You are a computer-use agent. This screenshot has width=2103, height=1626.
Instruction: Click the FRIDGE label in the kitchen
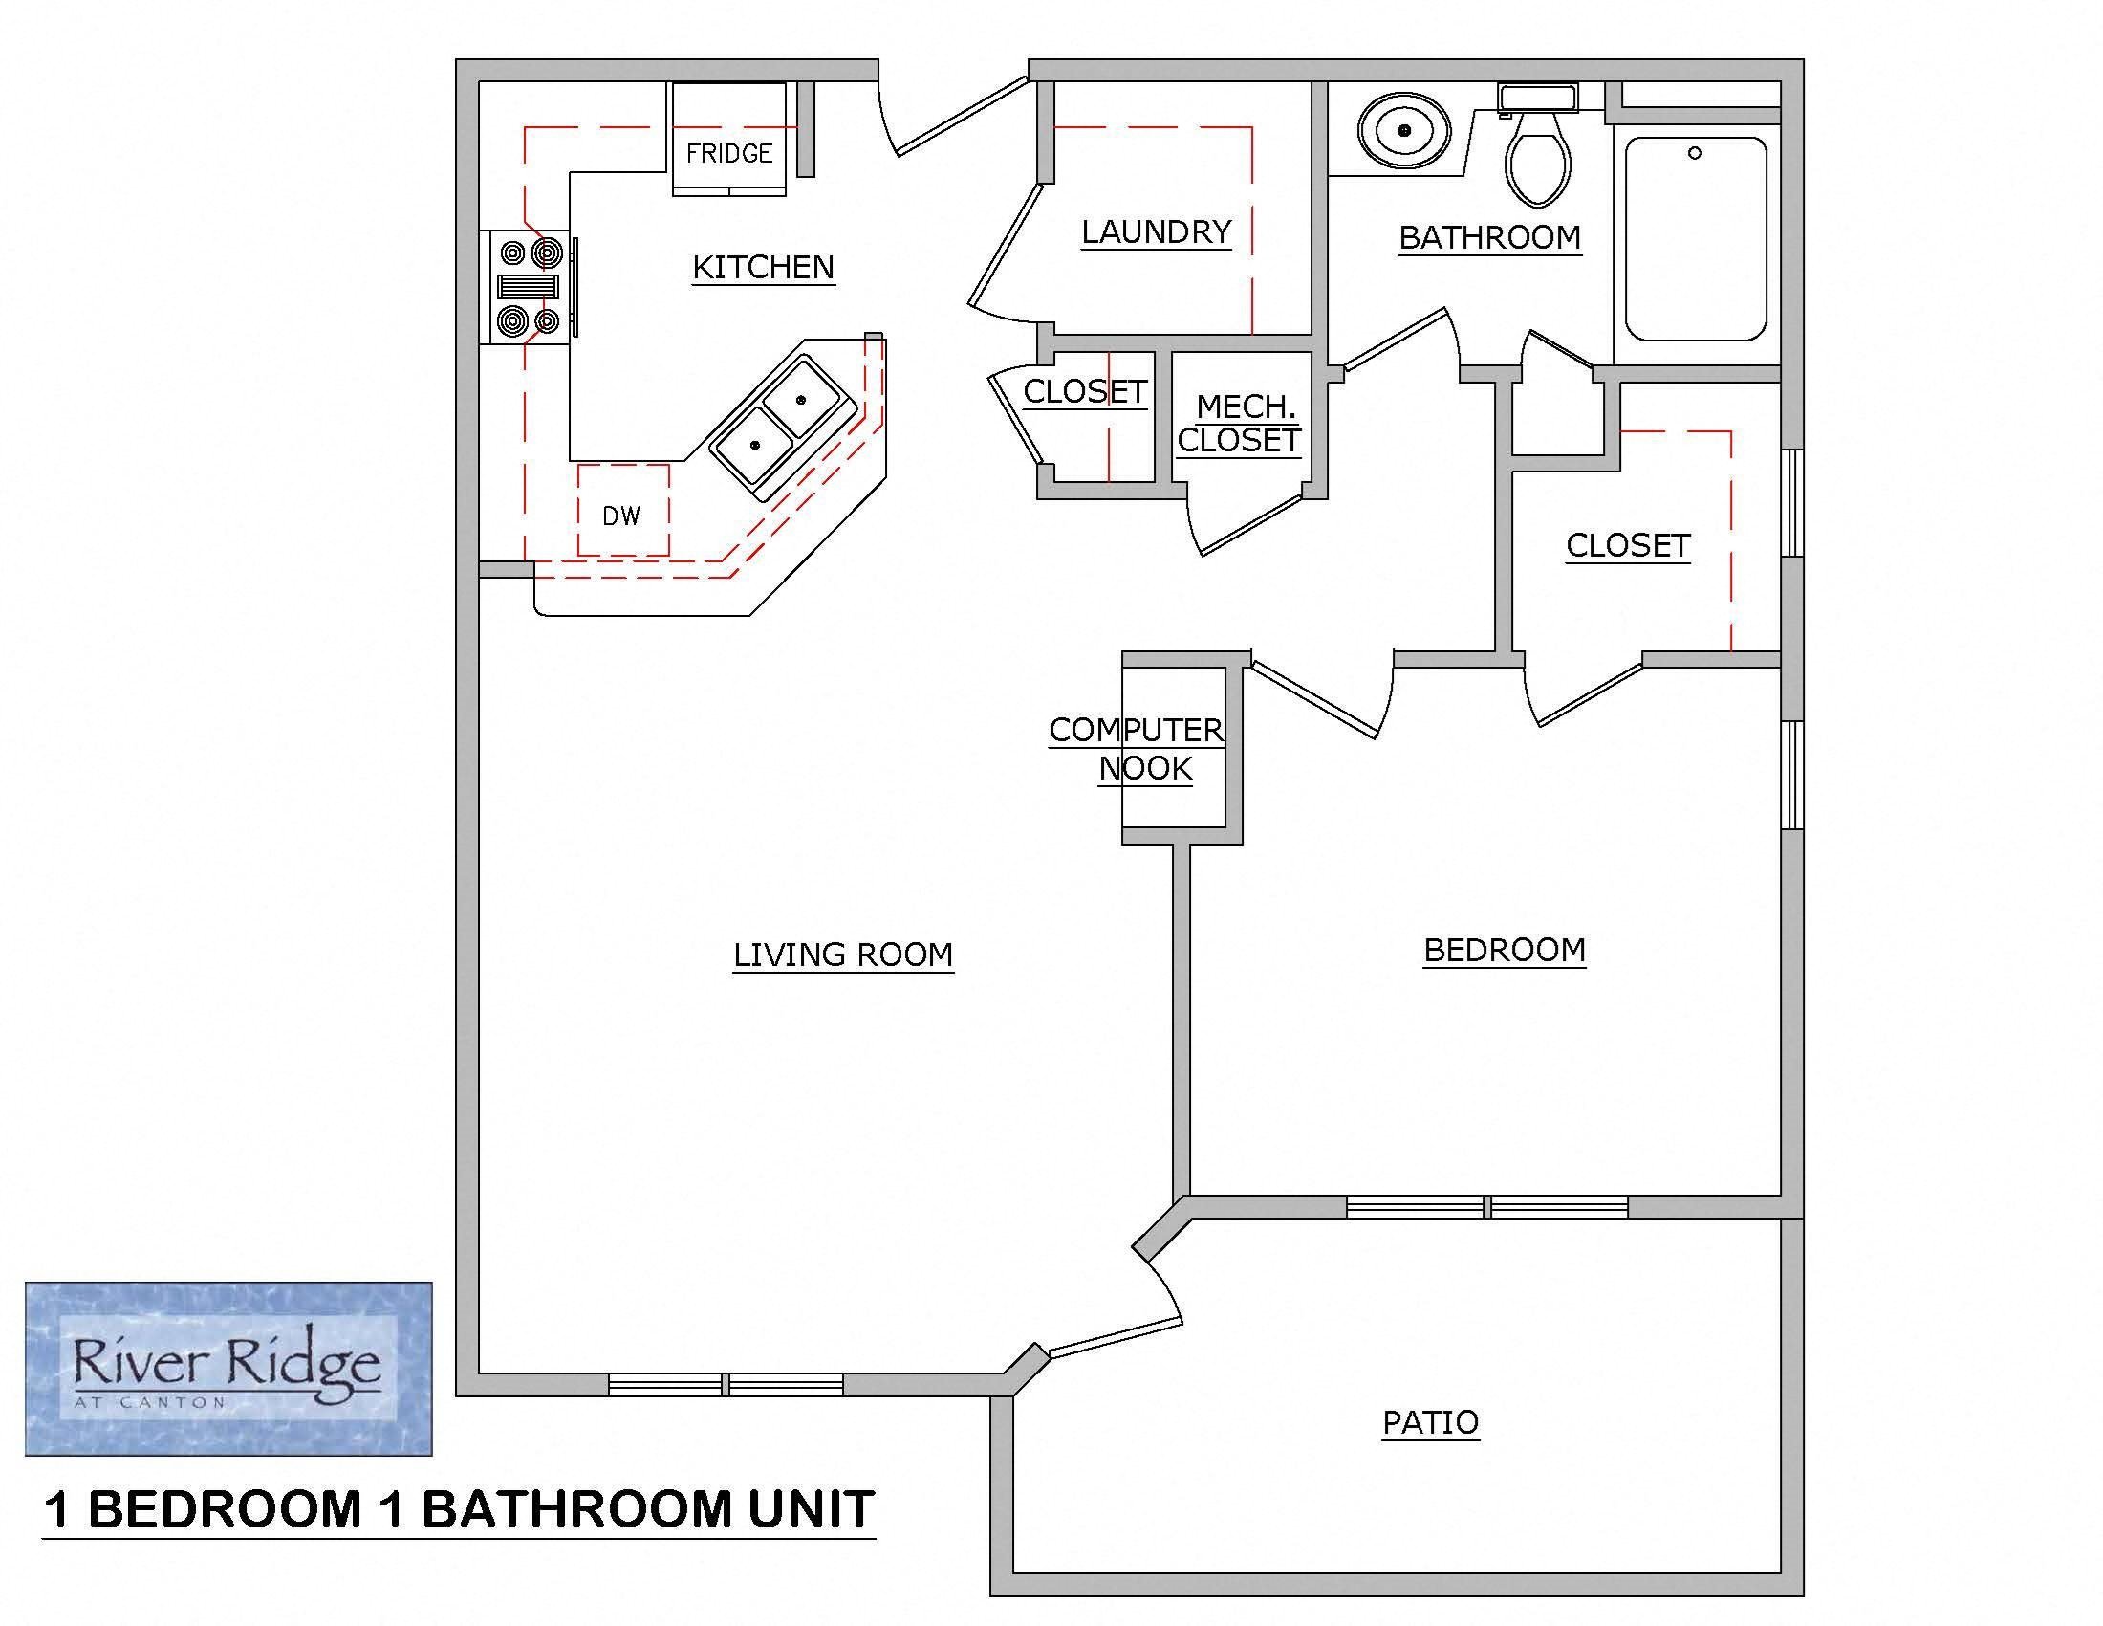(729, 153)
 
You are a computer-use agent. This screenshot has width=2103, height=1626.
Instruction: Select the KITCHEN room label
(764, 267)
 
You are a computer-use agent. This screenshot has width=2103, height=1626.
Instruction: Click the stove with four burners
(528, 287)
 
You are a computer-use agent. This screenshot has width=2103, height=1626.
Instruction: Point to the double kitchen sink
(781, 423)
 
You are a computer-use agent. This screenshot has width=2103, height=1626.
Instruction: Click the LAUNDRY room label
(1156, 231)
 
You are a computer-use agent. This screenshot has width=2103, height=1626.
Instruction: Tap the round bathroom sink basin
(1404, 130)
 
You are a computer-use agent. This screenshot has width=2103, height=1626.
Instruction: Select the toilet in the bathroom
(1538, 154)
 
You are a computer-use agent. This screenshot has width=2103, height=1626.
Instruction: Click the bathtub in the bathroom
(1696, 238)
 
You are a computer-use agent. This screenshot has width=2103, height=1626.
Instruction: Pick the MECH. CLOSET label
(1240, 424)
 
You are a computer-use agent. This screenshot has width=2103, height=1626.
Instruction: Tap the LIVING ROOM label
(842, 955)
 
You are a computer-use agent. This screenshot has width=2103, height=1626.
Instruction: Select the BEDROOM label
(1504, 950)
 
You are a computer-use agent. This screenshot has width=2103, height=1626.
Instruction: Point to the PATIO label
(1430, 1421)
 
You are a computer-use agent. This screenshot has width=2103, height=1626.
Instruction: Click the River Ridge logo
(228, 1368)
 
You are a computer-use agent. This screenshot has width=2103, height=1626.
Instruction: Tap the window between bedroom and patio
(1486, 1206)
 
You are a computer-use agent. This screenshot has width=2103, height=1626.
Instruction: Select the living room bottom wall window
(726, 1385)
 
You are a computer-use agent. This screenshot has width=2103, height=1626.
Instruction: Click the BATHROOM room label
(1488, 237)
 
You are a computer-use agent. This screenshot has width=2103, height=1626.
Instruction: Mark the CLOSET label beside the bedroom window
(1627, 545)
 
